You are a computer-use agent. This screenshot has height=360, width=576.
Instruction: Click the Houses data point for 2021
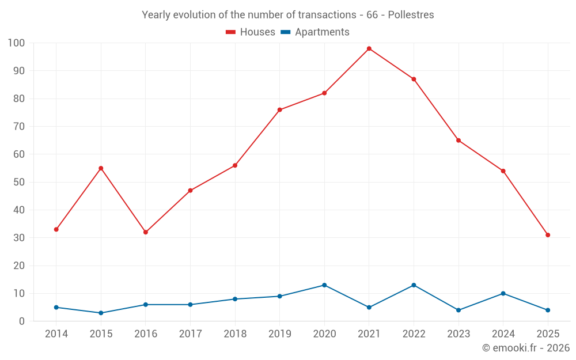369,48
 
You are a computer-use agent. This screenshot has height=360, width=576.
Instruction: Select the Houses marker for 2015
101,168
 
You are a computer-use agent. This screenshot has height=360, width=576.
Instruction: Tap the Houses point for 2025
548,235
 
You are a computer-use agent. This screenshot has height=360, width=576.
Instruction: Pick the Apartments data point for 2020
324,285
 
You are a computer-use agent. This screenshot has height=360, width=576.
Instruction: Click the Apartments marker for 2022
414,285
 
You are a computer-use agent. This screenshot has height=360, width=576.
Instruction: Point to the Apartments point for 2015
101,313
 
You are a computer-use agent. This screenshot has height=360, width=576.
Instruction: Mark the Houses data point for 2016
146,232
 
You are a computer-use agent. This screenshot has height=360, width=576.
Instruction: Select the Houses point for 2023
458,141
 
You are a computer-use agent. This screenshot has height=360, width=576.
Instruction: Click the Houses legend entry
257,32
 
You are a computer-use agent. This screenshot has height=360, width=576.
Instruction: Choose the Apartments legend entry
322,32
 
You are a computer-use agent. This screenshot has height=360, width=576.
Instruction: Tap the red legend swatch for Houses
231,32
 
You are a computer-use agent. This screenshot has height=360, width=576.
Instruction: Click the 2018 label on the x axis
235,334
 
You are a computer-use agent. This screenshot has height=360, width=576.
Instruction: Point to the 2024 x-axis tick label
503,334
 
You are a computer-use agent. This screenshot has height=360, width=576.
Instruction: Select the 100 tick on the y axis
16,43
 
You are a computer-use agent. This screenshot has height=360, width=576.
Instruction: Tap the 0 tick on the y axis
22,321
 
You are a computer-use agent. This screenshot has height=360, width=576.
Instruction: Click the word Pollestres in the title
411,14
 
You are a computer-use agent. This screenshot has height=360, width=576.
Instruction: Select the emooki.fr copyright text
526,348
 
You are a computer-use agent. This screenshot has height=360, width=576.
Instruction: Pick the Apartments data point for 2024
503,293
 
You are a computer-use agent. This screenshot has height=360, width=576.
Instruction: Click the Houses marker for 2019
280,110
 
